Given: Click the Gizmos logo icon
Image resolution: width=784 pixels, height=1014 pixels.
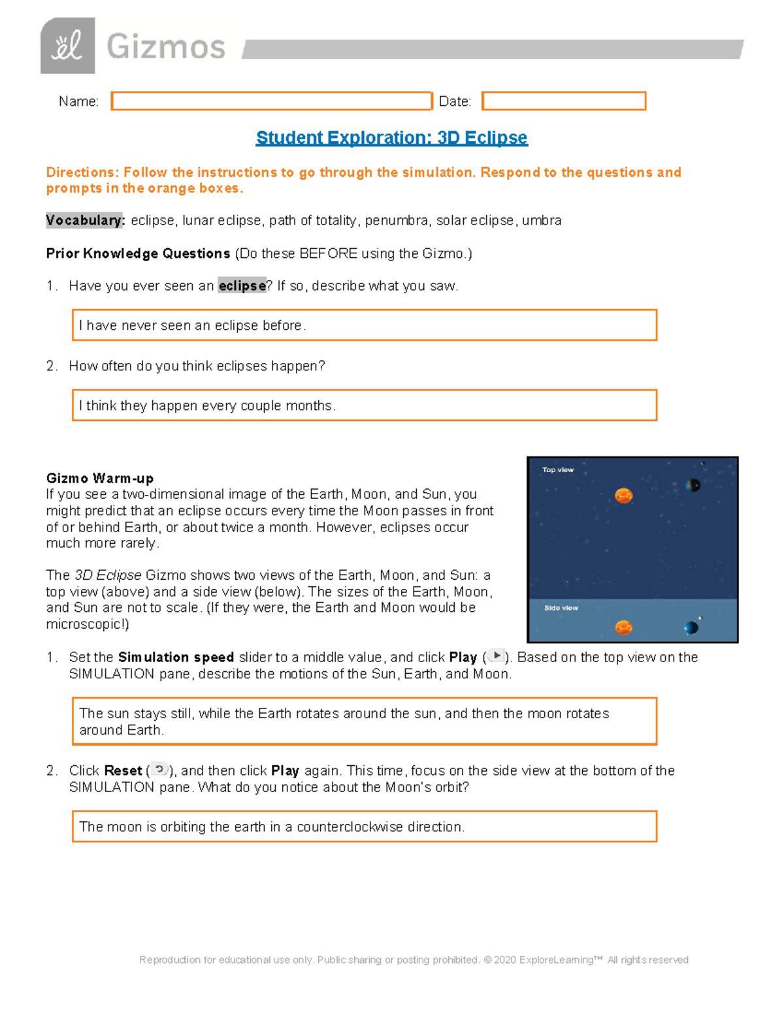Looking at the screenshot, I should [67, 46].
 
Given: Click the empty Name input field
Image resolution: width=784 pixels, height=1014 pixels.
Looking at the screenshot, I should [271, 101].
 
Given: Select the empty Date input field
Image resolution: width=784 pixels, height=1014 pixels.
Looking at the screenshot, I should [563, 101].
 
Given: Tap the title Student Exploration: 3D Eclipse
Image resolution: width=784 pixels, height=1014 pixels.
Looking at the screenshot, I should [391, 138].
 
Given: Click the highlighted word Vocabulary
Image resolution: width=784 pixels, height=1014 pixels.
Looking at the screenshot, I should [84, 221].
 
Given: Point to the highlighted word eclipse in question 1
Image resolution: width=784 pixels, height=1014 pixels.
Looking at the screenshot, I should [242, 286].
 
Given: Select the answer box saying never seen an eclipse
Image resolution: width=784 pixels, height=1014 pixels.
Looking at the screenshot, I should [364, 325].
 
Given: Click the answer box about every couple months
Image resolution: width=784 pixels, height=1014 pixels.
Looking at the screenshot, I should [364, 405].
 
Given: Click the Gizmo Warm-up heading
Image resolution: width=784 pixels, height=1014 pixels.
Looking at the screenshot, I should [99, 478].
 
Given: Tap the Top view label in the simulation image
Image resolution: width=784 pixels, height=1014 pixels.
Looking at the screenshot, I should [557, 469].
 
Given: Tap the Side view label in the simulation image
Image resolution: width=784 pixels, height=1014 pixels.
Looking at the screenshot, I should [561, 608].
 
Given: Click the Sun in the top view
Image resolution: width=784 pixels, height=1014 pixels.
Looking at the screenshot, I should [623, 496].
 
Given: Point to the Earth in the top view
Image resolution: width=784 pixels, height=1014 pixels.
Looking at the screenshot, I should [693, 484].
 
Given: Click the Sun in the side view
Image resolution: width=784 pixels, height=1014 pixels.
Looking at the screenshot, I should [623, 627].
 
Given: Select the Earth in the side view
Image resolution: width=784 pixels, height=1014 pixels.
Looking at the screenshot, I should [691, 627].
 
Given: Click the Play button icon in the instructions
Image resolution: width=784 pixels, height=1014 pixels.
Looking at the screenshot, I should [496, 656].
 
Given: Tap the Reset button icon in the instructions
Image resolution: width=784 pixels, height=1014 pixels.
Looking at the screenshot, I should [159, 770].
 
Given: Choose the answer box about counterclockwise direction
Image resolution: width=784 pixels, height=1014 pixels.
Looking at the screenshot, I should [364, 827].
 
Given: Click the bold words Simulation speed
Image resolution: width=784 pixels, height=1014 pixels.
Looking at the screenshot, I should [176, 658].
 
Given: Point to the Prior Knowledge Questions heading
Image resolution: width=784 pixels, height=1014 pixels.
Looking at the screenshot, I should [138, 253].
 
